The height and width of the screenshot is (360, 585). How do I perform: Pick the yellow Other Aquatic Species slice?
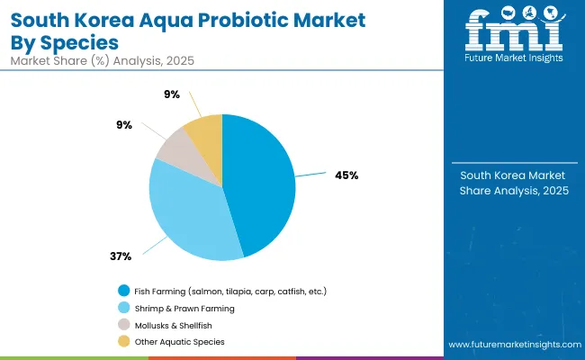coord(205,130)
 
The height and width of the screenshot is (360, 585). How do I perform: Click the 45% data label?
coord(346,175)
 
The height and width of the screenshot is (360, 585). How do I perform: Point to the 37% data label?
coord(121,256)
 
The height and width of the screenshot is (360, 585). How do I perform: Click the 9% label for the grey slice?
coord(124,125)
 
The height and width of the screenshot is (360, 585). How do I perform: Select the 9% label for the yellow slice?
coord(172,94)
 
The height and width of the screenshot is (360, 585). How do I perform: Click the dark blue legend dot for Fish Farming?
coord(123,291)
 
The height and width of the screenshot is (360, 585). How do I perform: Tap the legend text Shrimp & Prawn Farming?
coord(184,308)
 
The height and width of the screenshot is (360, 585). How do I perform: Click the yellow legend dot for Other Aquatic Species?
coord(123,342)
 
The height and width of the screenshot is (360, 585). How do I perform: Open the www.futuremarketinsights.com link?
coord(513,345)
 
